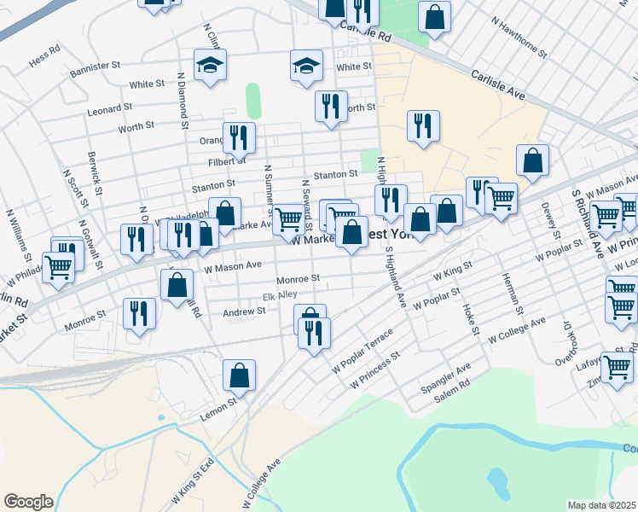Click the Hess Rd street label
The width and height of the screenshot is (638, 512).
[x=44, y=62]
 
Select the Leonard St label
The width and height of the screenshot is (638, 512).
[x=109, y=108]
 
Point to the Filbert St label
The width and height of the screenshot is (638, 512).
[x=227, y=160]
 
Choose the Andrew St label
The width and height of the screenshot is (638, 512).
[x=244, y=312]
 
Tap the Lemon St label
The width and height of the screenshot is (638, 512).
[x=220, y=406]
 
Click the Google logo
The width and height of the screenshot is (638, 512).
[x=28, y=502]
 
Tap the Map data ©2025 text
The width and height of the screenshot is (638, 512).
[x=602, y=505]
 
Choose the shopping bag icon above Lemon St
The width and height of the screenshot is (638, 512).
[x=240, y=375]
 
